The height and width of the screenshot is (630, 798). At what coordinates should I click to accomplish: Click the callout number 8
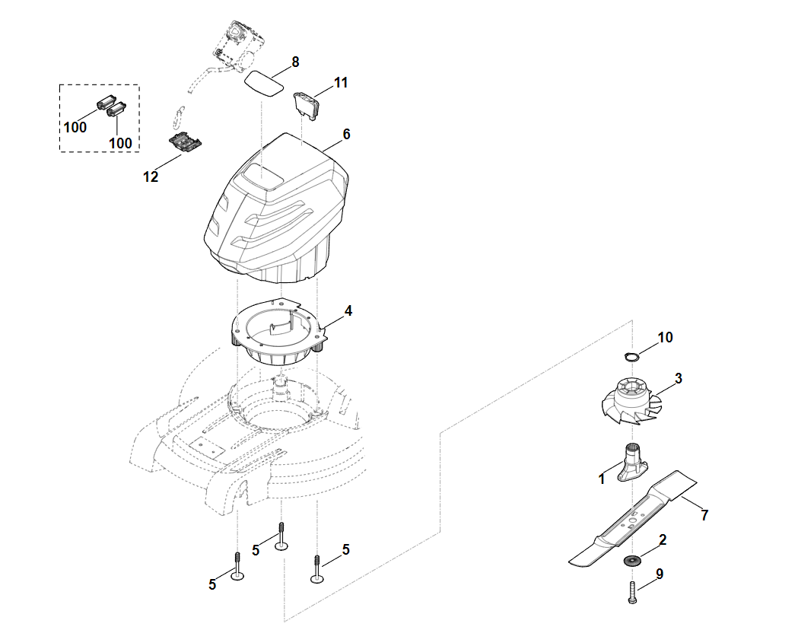pos(295,62)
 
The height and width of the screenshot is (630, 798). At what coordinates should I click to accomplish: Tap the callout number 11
pos(341,82)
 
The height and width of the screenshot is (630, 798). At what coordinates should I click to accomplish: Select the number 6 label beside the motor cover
pos(346,134)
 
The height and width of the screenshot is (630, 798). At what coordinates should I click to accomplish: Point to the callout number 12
pos(151,177)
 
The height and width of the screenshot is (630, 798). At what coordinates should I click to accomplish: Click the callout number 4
pos(348,310)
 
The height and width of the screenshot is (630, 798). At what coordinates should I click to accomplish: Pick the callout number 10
pos(665,337)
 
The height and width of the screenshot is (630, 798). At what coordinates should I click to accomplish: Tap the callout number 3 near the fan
pos(678,378)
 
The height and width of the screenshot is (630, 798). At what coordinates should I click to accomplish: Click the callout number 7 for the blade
pos(704,515)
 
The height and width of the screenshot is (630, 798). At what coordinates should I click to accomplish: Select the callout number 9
pos(660,574)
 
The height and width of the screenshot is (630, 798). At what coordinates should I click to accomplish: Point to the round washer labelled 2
pos(631,562)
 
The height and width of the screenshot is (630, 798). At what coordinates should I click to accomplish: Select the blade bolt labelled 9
pos(632,593)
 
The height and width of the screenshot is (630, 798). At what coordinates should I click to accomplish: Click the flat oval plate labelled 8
pos(264,82)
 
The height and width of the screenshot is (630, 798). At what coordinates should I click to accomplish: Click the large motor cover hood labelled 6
pos(278,205)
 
